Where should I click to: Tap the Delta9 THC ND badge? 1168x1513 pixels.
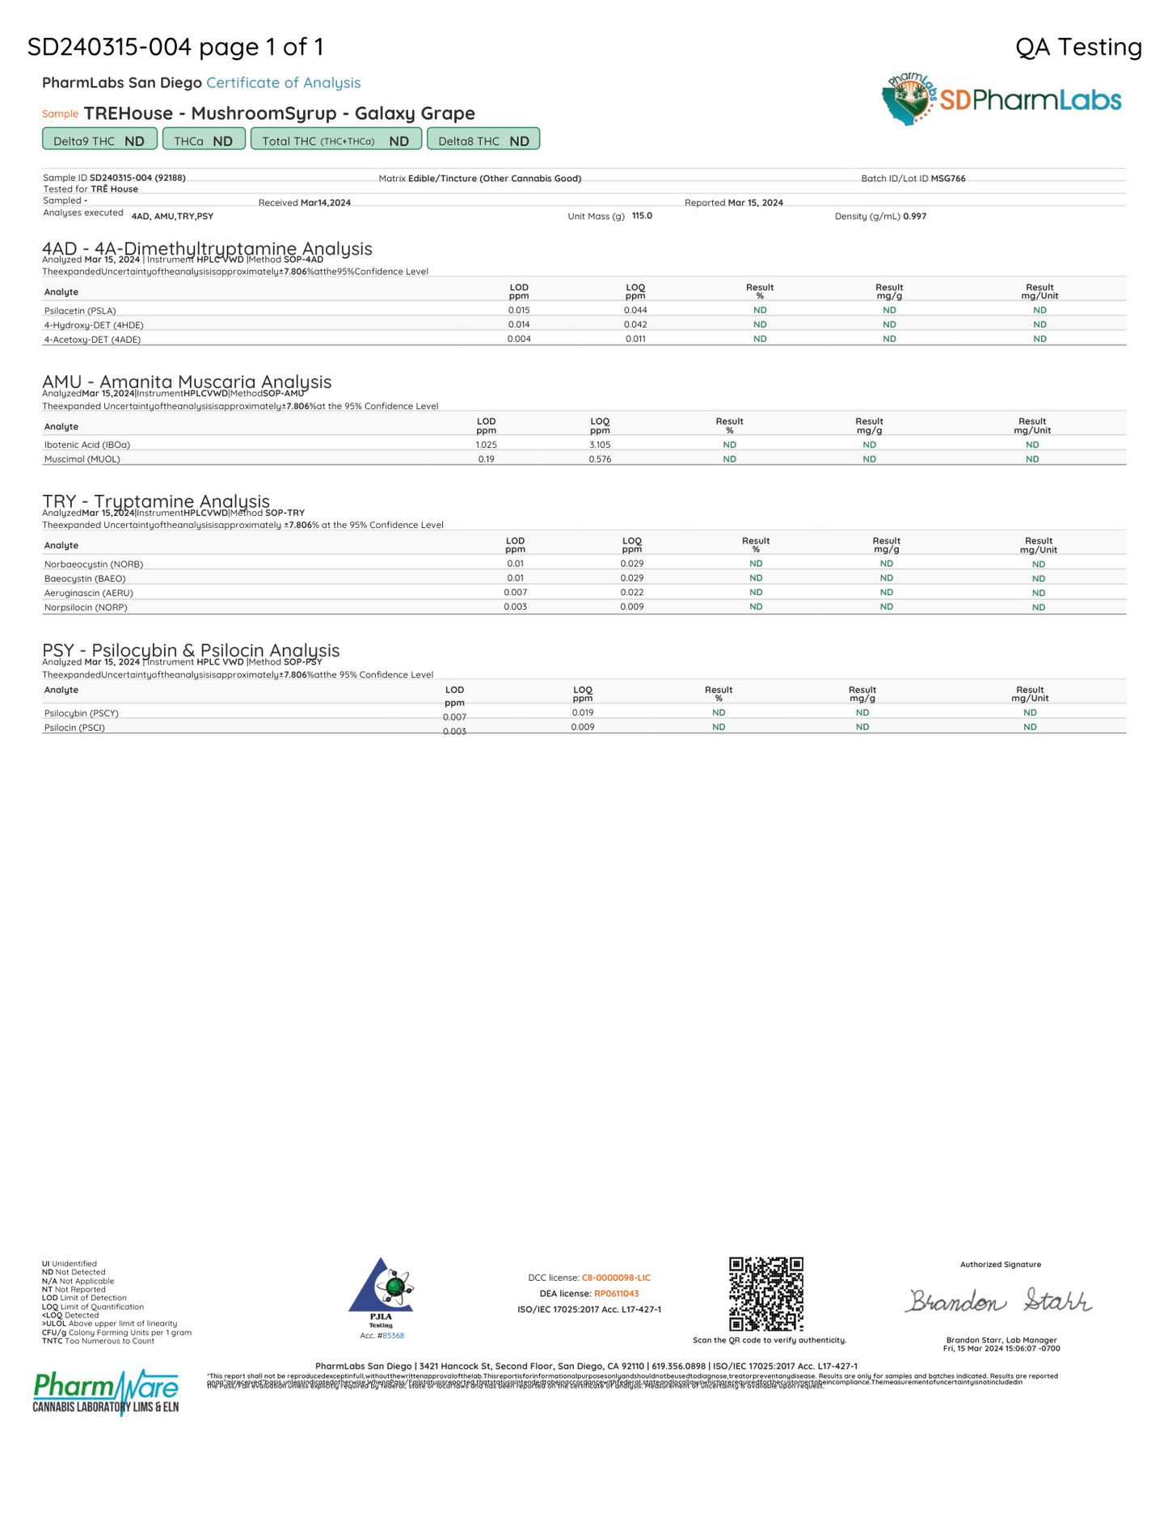(99, 140)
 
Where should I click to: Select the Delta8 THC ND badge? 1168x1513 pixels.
(483, 140)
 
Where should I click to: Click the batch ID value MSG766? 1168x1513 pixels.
(948, 179)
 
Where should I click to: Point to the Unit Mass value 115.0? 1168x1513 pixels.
(642, 216)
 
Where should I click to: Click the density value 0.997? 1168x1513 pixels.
(915, 217)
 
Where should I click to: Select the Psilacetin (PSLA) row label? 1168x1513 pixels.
(80, 311)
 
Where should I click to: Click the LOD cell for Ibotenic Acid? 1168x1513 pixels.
(486, 445)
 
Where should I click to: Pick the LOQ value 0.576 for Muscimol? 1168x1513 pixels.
(600, 459)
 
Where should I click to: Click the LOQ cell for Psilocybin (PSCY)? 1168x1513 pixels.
(582, 712)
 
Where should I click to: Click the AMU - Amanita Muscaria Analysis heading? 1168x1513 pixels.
(187, 382)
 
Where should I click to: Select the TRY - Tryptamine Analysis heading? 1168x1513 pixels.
(156, 501)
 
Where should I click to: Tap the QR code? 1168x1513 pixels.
(765, 1294)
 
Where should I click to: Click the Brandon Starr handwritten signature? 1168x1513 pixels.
(999, 1301)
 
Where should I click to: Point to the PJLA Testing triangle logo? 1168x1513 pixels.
(381, 1287)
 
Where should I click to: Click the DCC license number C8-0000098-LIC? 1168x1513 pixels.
(616, 1278)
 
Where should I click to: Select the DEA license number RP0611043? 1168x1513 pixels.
(617, 1294)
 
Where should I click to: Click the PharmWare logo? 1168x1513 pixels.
(106, 1391)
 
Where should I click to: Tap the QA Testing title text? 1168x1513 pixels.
(1078, 47)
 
